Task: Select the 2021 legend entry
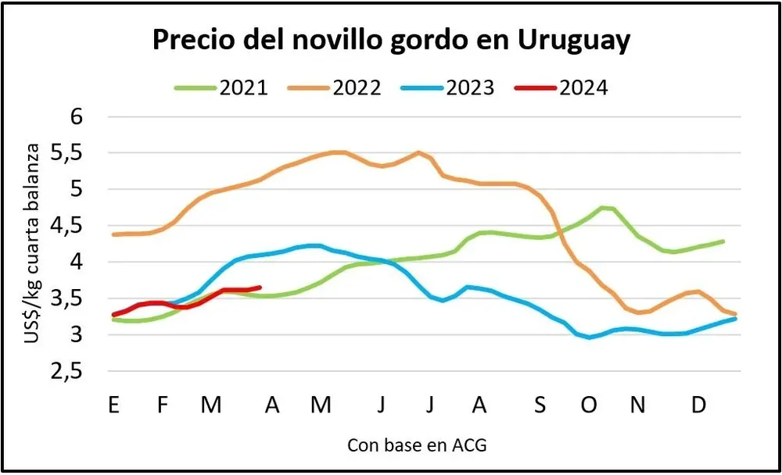point(243,87)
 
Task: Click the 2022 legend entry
point(357,87)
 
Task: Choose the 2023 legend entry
point(470,87)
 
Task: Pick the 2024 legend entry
point(583,87)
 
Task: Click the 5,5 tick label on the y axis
point(70,153)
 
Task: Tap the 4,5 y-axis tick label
point(70,226)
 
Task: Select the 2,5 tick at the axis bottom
point(70,372)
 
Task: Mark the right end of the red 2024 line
point(260,287)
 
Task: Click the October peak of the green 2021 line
point(604,207)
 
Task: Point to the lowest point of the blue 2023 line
point(589,337)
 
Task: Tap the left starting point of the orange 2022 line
point(114,234)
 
